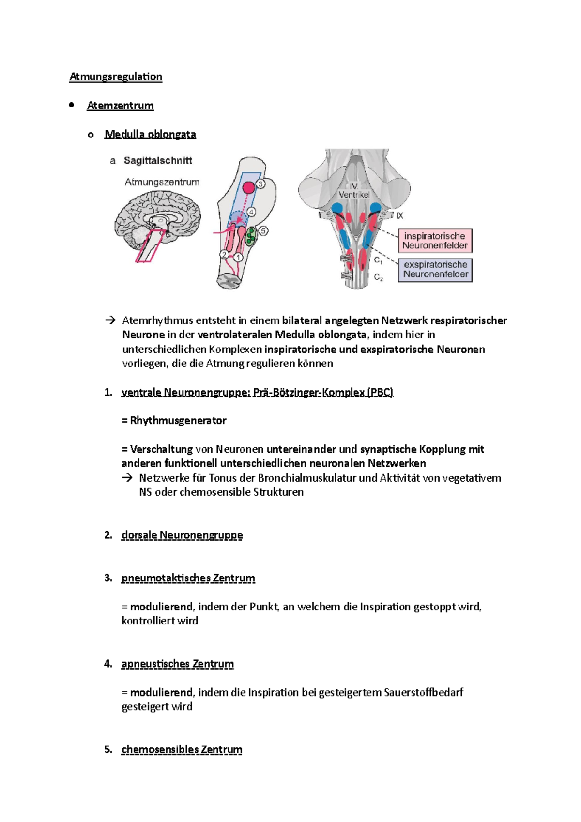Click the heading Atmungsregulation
[116, 76]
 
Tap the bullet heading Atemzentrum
[120, 106]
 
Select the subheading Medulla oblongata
[150, 134]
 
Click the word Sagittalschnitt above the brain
[158, 160]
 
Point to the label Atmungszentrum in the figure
[162, 182]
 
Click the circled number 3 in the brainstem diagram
[260, 184]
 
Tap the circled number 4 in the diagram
[251, 212]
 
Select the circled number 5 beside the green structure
[263, 231]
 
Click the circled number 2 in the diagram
[224, 254]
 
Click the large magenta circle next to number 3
[248, 187]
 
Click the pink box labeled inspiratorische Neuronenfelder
[435, 241]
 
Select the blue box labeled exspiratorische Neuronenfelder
[435, 270]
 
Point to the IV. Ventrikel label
[353, 191]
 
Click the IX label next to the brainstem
[399, 215]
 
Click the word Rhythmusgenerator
[178, 420]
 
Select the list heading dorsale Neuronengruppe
[182, 535]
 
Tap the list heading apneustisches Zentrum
[178, 664]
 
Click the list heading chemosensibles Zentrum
[182, 749]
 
